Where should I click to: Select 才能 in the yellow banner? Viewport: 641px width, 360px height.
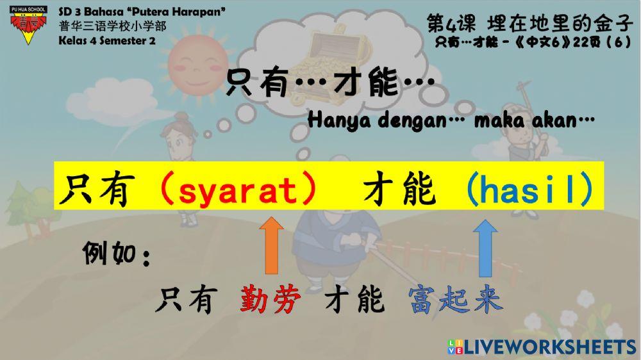[x=392, y=190]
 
